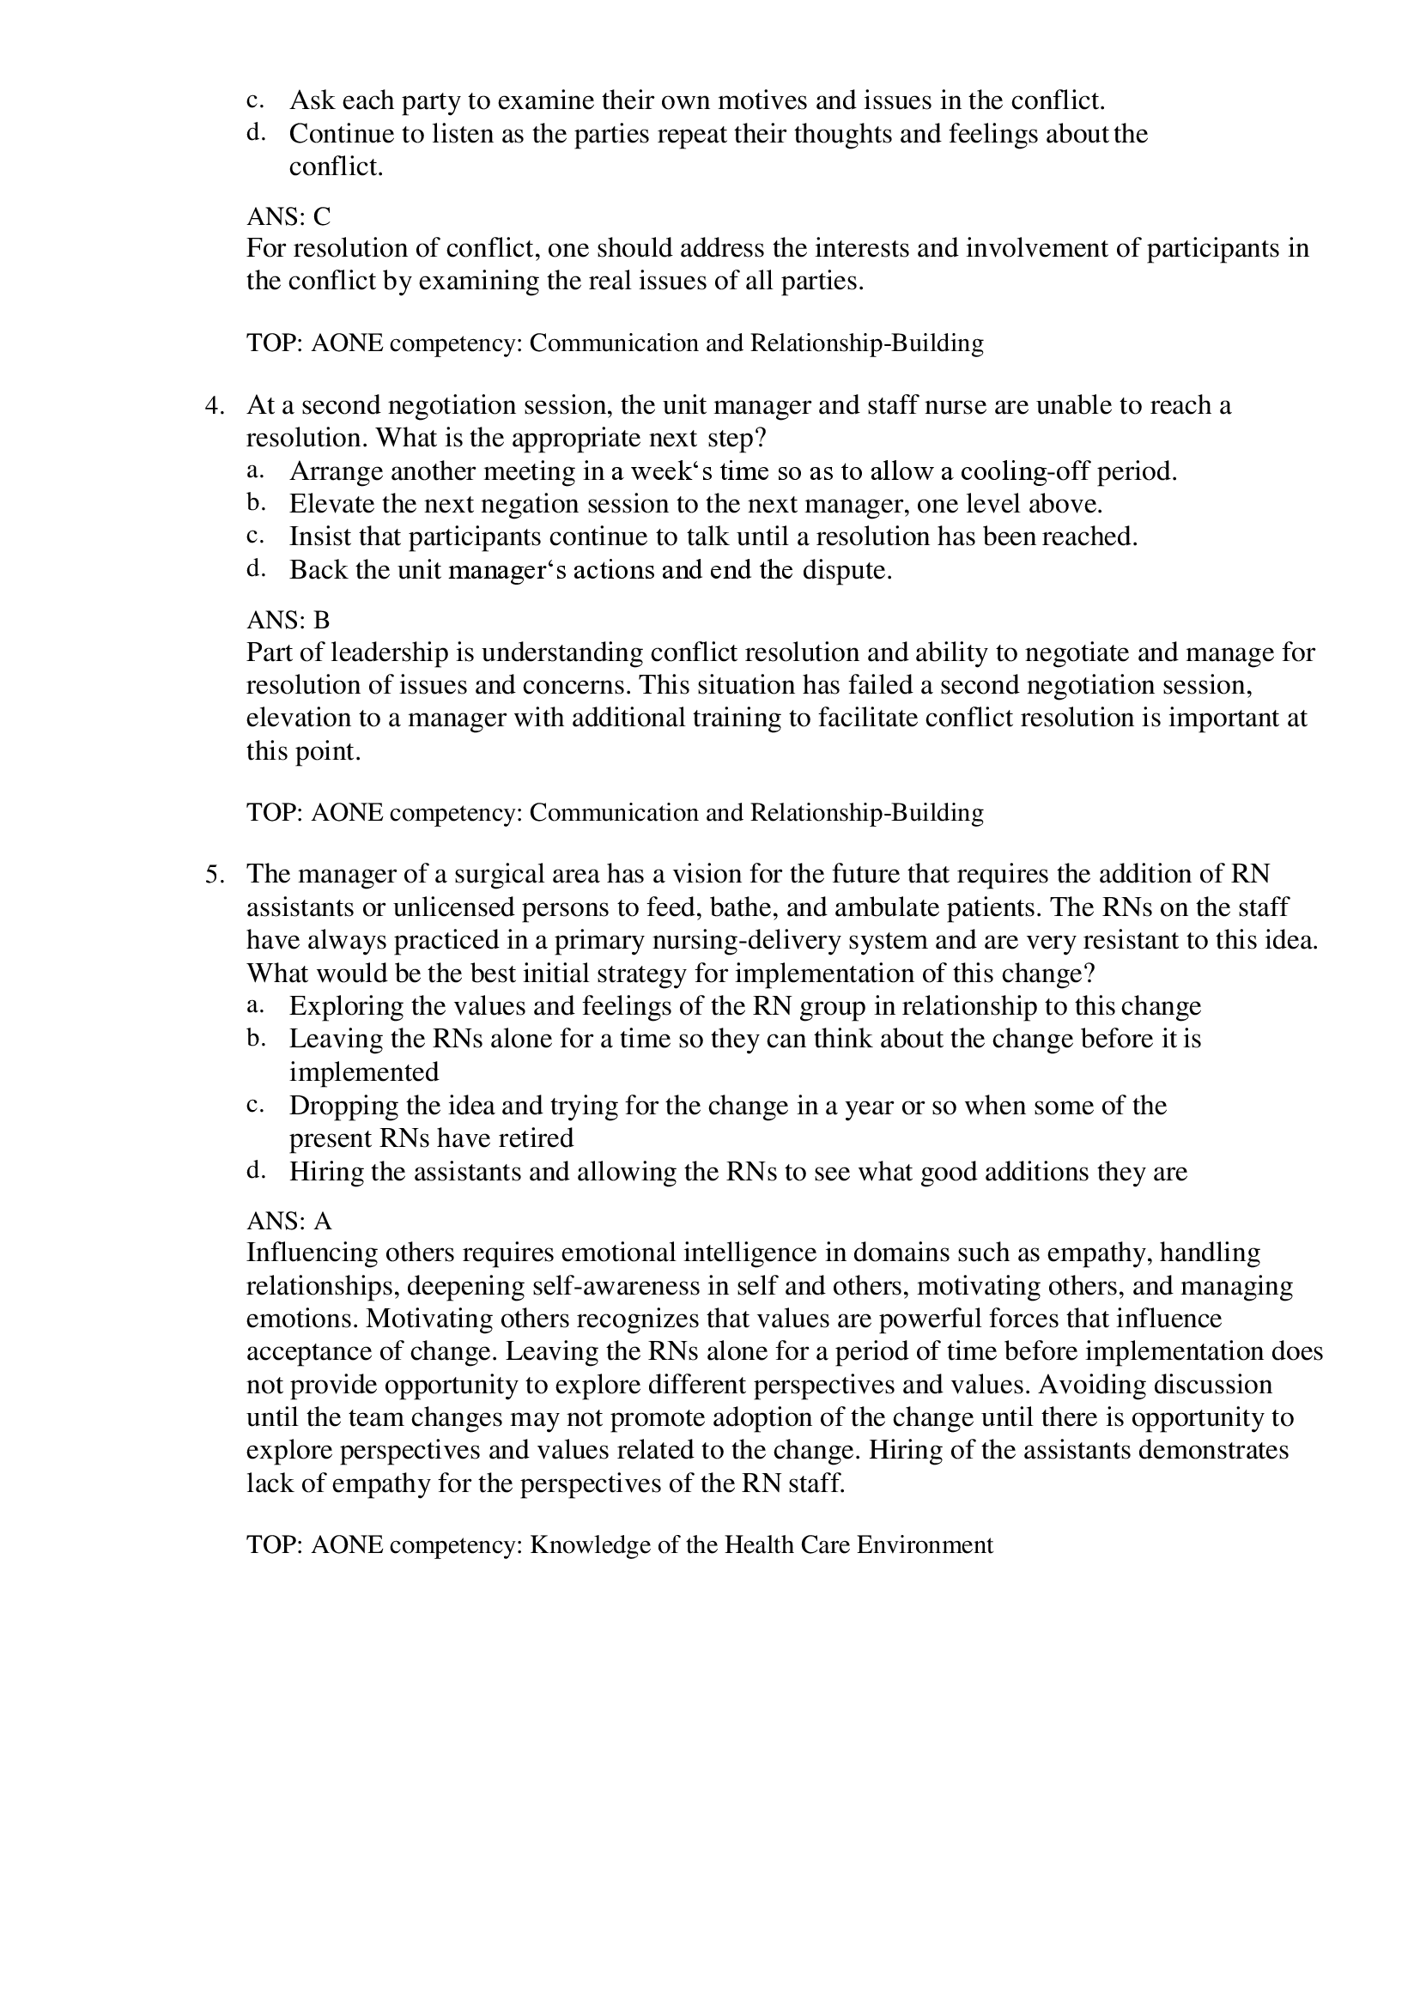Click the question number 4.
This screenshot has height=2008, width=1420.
click(215, 407)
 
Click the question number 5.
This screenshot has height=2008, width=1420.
click(215, 876)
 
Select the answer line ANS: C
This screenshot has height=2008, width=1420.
click(288, 216)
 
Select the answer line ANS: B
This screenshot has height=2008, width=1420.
click(288, 620)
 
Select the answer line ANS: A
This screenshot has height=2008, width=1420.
click(288, 1221)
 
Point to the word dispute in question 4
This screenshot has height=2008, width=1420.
click(846, 571)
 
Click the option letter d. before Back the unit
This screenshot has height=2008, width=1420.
click(255, 569)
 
